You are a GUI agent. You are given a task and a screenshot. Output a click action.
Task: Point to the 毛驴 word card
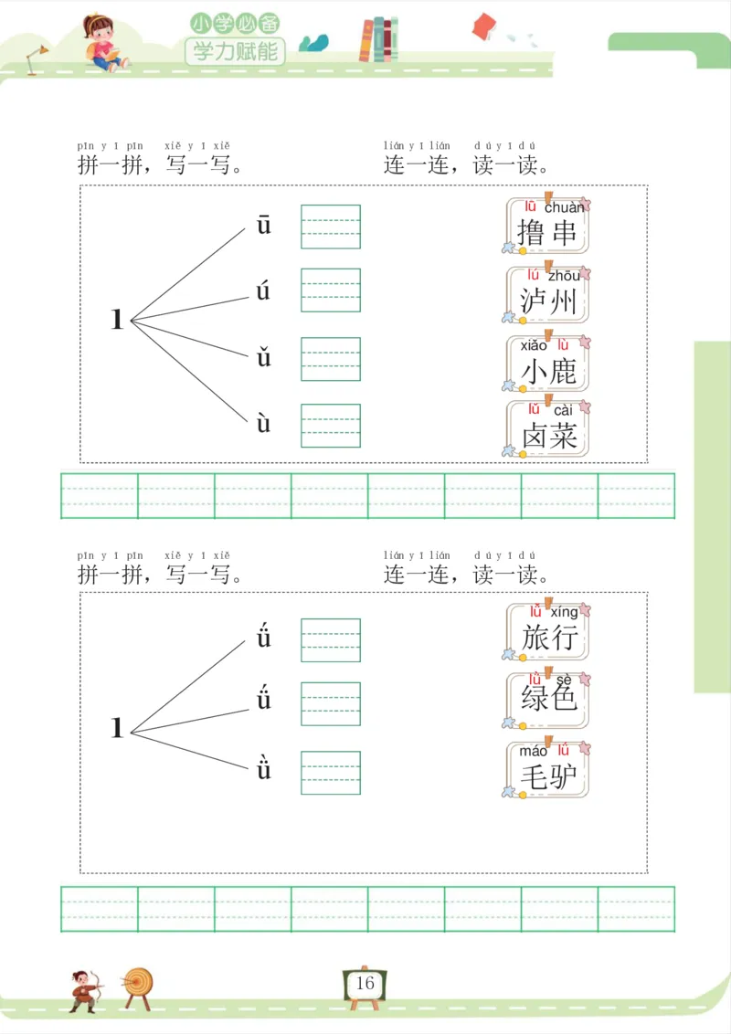[547, 770]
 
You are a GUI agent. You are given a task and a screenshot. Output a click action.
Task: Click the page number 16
[365, 984]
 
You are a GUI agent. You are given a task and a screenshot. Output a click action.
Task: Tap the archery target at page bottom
[139, 985]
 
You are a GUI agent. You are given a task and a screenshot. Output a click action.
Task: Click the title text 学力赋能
[235, 51]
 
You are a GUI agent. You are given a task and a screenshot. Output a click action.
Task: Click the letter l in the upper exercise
[116, 320]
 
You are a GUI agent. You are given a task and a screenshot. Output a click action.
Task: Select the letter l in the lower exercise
[116, 728]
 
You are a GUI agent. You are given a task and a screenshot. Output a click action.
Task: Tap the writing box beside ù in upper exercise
[331, 426]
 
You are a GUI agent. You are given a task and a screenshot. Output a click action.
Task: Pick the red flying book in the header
[483, 26]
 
